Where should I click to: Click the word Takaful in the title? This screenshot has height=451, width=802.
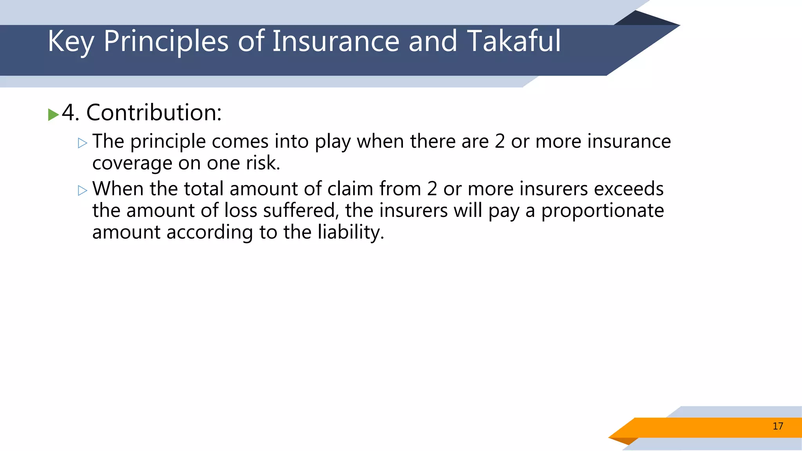(514, 41)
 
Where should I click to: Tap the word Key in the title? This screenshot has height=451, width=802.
(70, 42)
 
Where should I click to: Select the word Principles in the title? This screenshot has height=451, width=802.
(166, 42)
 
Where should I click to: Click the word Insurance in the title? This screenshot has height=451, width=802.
(336, 41)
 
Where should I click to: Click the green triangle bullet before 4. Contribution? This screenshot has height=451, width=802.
(53, 115)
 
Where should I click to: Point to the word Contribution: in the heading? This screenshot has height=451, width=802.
(154, 113)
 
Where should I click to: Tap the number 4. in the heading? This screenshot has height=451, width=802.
(70, 113)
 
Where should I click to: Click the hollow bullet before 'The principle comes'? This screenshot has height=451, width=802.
(83, 143)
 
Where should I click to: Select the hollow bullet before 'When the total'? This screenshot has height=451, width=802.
(83, 190)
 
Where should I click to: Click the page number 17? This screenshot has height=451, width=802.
(778, 426)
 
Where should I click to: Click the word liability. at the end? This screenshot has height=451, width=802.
(351, 233)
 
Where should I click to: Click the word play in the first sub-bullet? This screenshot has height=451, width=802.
(332, 142)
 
